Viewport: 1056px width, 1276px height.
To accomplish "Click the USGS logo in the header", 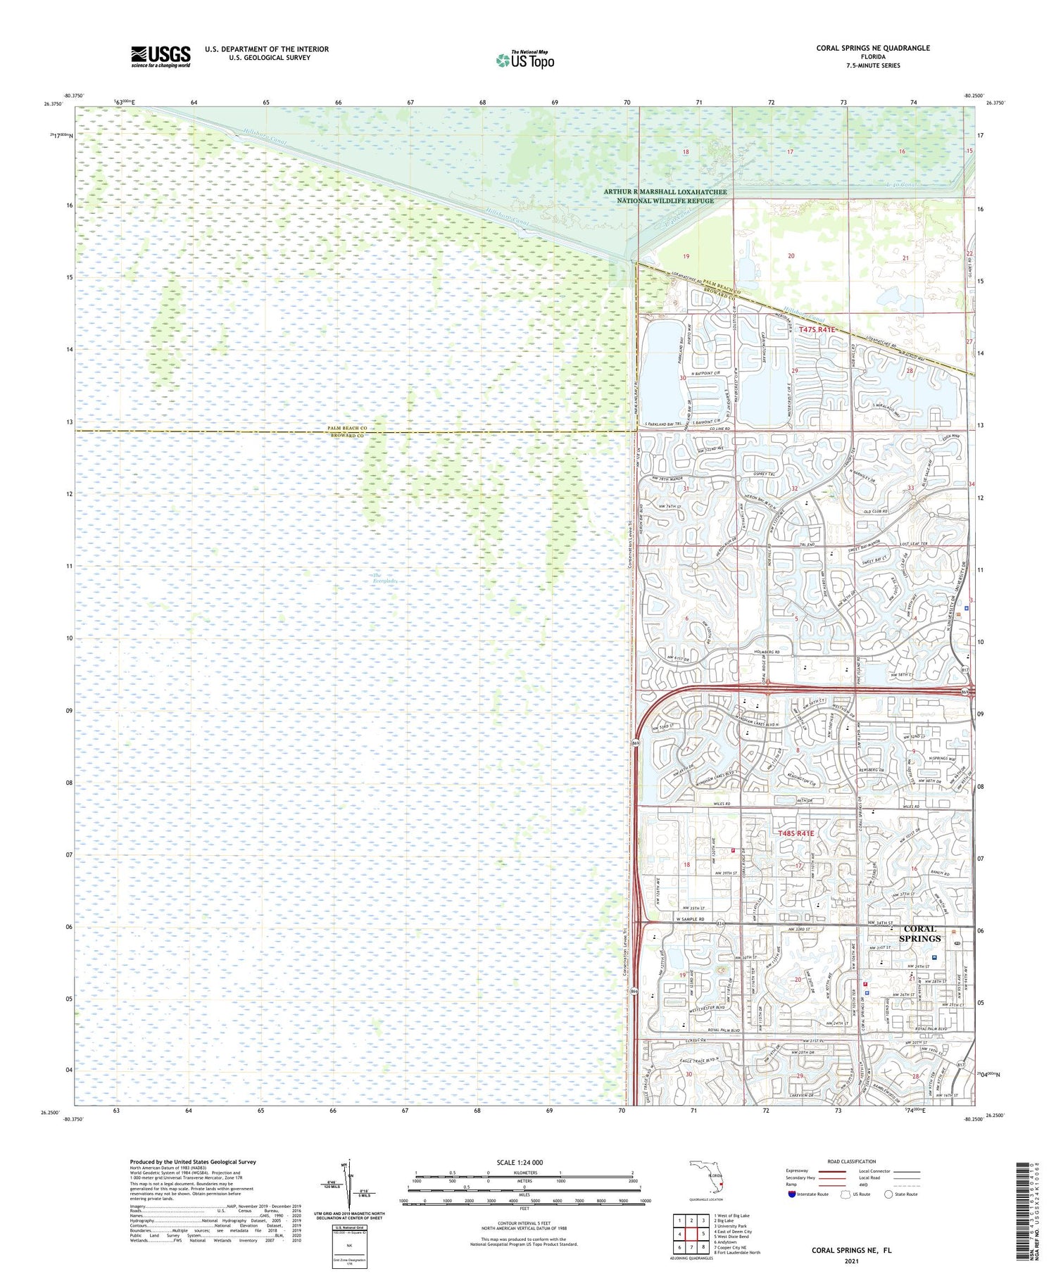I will [x=161, y=56].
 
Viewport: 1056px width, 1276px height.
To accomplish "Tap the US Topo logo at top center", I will [x=525, y=60].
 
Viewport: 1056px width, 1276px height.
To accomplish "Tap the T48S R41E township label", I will [x=796, y=833].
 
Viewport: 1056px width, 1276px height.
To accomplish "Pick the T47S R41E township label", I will [x=817, y=329].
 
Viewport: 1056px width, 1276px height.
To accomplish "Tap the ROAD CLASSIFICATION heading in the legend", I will [x=851, y=1161].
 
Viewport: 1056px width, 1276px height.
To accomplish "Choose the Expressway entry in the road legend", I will [x=797, y=1170].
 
